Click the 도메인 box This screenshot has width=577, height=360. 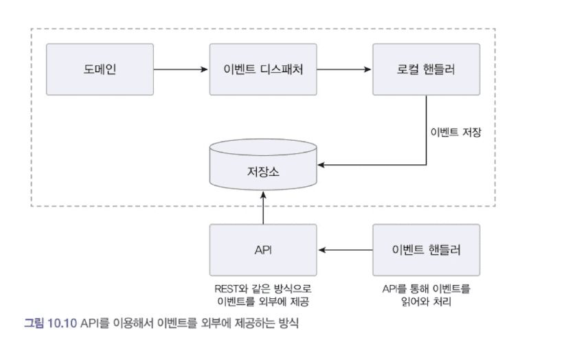100,69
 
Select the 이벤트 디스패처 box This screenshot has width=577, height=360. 263,69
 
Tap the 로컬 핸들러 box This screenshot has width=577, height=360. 426,69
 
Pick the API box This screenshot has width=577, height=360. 263,250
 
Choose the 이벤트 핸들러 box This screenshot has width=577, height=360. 426,250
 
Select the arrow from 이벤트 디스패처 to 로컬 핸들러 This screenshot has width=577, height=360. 344,69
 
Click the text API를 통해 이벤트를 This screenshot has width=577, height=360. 426,289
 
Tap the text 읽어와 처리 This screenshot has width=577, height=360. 426,301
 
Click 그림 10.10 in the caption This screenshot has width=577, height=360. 51,322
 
